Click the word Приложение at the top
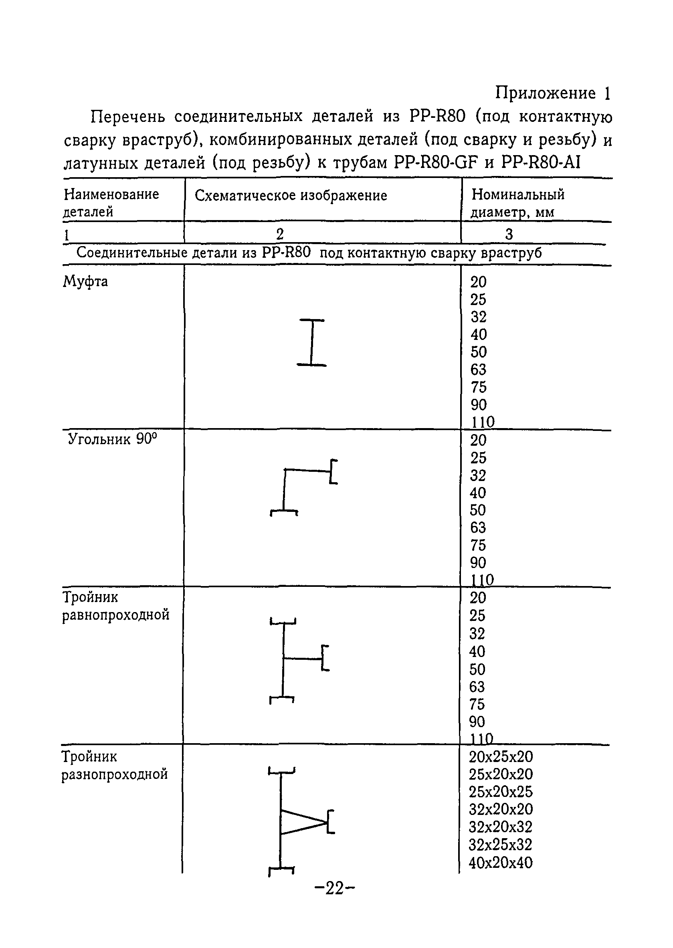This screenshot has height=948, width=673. (x=546, y=93)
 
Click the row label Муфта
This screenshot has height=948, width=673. (x=85, y=282)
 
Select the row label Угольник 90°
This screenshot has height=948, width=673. (x=112, y=439)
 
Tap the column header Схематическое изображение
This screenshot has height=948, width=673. (x=291, y=196)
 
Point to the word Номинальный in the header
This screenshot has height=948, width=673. (x=518, y=194)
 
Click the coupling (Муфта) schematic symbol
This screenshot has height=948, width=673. (x=311, y=342)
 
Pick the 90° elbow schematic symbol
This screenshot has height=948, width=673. (x=303, y=488)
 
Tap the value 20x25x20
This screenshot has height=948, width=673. (x=501, y=757)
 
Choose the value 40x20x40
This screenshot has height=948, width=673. (x=500, y=863)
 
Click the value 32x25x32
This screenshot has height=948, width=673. (x=500, y=845)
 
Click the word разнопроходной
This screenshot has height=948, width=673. (x=115, y=774)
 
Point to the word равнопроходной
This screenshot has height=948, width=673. (x=116, y=615)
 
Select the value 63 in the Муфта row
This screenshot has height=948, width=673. (x=478, y=370)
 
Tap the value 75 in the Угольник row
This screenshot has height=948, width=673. (x=478, y=545)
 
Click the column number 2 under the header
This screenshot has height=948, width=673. (x=280, y=234)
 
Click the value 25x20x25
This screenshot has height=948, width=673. (x=501, y=792)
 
